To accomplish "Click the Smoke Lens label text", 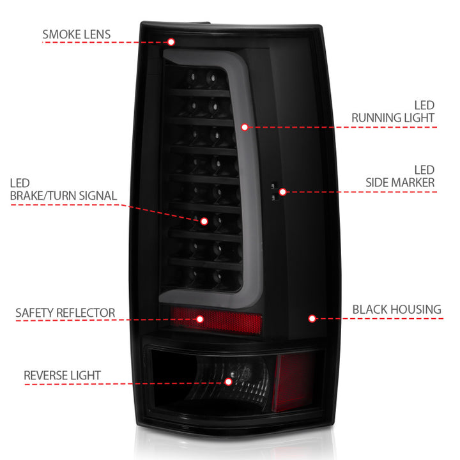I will (x=76, y=34).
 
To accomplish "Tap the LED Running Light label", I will (x=392, y=111).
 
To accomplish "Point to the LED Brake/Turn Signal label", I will (x=63, y=190).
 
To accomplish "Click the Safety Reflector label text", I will (x=65, y=313).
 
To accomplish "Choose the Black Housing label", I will (x=396, y=310).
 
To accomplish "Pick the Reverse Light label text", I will (x=62, y=376).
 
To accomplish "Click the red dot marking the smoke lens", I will (x=171, y=42).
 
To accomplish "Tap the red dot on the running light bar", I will (x=245, y=127).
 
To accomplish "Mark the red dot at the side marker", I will (x=282, y=191).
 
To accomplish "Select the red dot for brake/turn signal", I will (x=204, y=221).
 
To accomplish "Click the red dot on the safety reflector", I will (x=200, y=319).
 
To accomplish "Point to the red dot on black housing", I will (x=312, y=318).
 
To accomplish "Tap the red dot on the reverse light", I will (x=229, y=381).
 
